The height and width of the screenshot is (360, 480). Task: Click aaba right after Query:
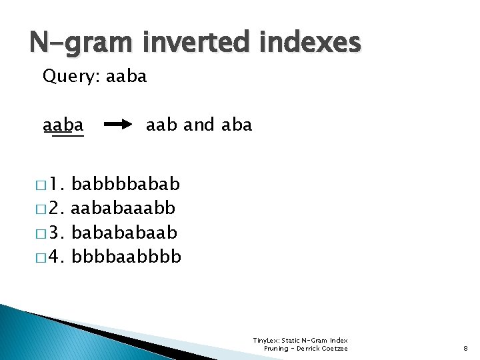coord(126,77)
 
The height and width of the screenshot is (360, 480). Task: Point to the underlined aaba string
coord(63,125)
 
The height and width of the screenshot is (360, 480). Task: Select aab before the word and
coord(162,125)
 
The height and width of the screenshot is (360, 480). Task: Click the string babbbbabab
coord(126,183)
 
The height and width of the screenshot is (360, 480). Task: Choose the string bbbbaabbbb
coord(126,257)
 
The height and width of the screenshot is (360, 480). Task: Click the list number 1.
coord(57,183)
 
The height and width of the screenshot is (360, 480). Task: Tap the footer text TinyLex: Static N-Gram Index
coord(301,341)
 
